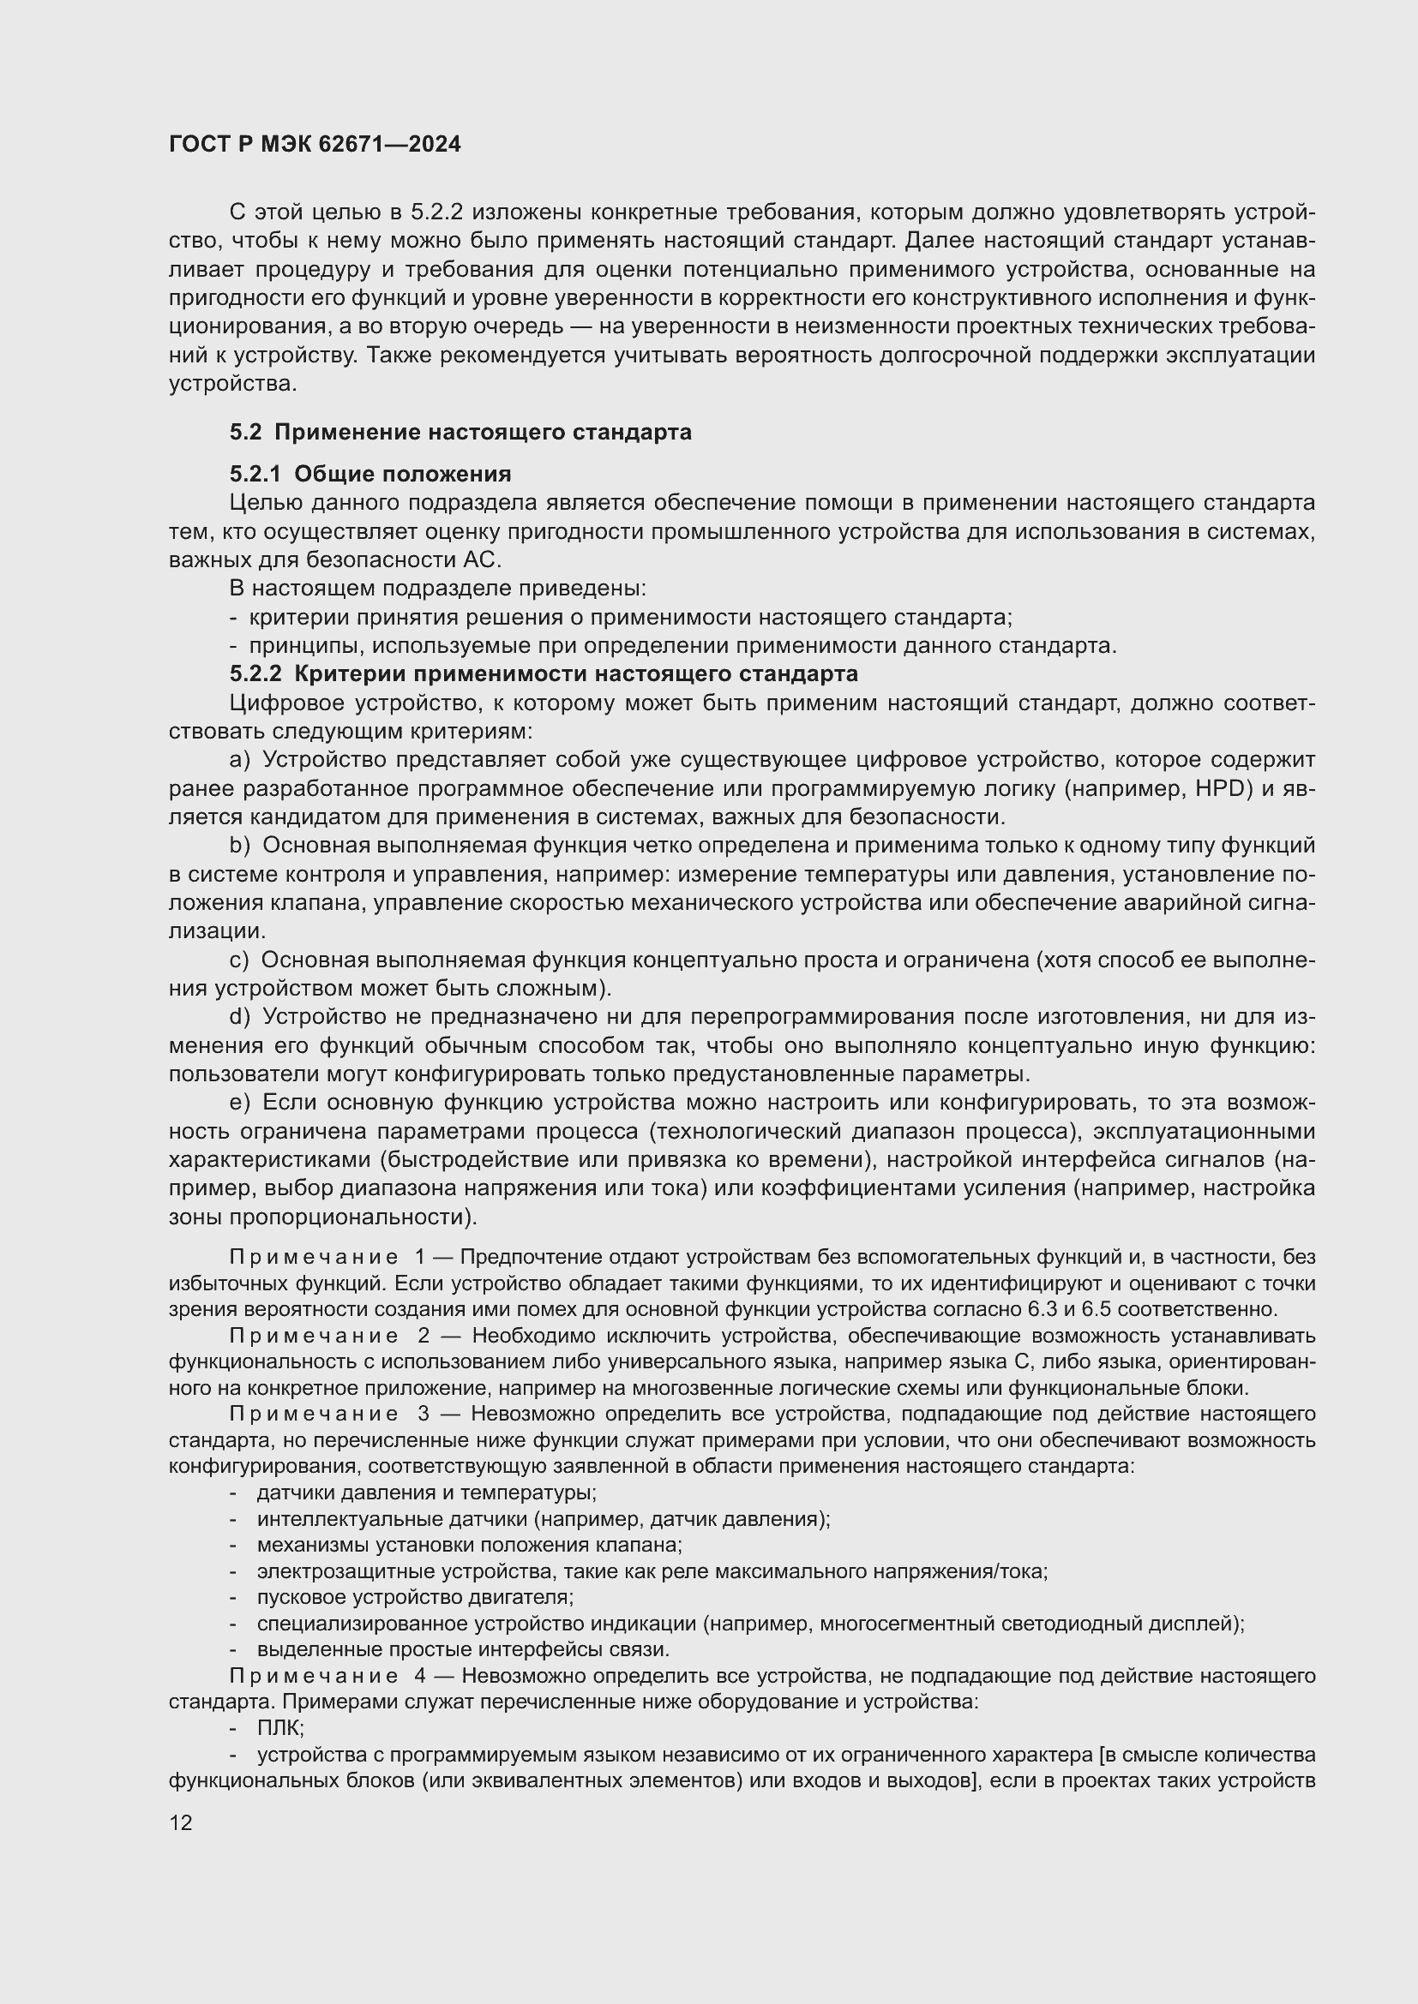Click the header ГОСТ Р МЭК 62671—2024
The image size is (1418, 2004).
pos(315,145)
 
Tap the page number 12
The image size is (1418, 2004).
pos(181,1822)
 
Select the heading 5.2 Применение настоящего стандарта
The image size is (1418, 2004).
pos(460,432)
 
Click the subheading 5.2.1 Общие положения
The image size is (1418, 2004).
pos(370,474)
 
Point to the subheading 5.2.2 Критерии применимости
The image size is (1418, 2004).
pos(543,673)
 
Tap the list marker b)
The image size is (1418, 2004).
pos(240,845)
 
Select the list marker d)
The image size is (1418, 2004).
pos(240,1016)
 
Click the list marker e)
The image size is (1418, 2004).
pos(240,1102)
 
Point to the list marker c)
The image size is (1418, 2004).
pos(239,960)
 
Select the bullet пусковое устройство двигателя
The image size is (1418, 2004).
pos(415,1597)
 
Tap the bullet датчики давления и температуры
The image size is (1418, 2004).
pos(426,1493)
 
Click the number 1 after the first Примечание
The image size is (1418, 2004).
pos(421,1257)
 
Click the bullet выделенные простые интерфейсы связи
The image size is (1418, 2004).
pos(463,1649)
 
